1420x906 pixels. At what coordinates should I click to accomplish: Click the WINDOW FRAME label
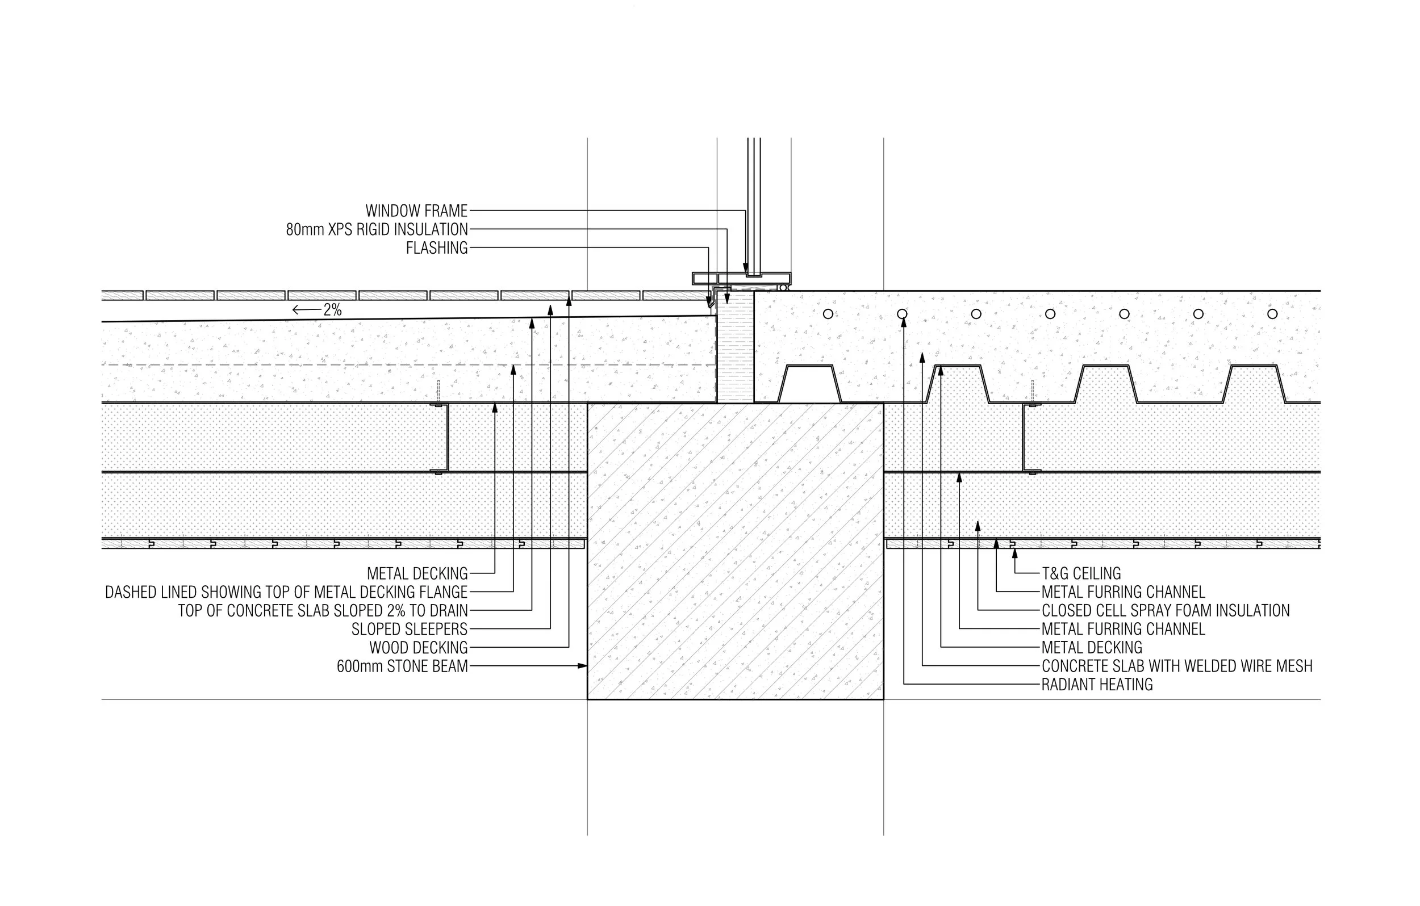tap(416, 211)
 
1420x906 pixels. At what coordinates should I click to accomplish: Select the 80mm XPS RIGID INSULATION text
tap(377, 229)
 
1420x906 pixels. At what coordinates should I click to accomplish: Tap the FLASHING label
tap(436, 248)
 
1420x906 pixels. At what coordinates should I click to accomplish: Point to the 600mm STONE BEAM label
tap(402, 666)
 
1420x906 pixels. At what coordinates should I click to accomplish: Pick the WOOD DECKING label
tap(418, 647)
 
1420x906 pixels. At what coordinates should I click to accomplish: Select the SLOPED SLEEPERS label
tap(410, 629)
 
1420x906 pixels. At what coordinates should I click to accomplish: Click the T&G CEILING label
tap(1081, 573)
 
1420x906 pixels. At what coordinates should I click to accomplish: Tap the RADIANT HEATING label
tap(1097, 685)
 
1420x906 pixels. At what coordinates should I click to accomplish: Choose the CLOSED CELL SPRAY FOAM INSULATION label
tap(1165, 610)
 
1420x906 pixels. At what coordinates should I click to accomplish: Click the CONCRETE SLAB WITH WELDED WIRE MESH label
tap(1177, 666)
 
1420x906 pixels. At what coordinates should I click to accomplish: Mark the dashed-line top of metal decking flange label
tap(286, 592)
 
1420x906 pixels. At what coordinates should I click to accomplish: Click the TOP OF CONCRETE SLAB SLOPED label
tap(323, 610)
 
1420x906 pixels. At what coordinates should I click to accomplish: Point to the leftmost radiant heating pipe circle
tap(828, 313)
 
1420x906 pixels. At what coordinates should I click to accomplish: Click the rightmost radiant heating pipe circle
tap(1272, 313)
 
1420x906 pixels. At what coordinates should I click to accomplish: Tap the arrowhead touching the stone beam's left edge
tap(583, 666)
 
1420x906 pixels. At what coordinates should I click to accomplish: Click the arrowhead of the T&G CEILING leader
tap(1015, 553)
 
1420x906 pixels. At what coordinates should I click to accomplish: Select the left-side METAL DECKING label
tap(417, 573)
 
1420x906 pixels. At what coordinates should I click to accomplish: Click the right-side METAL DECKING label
tap(1092, 647)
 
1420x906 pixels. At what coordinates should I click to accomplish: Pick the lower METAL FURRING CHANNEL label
tap(1123, 629)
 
